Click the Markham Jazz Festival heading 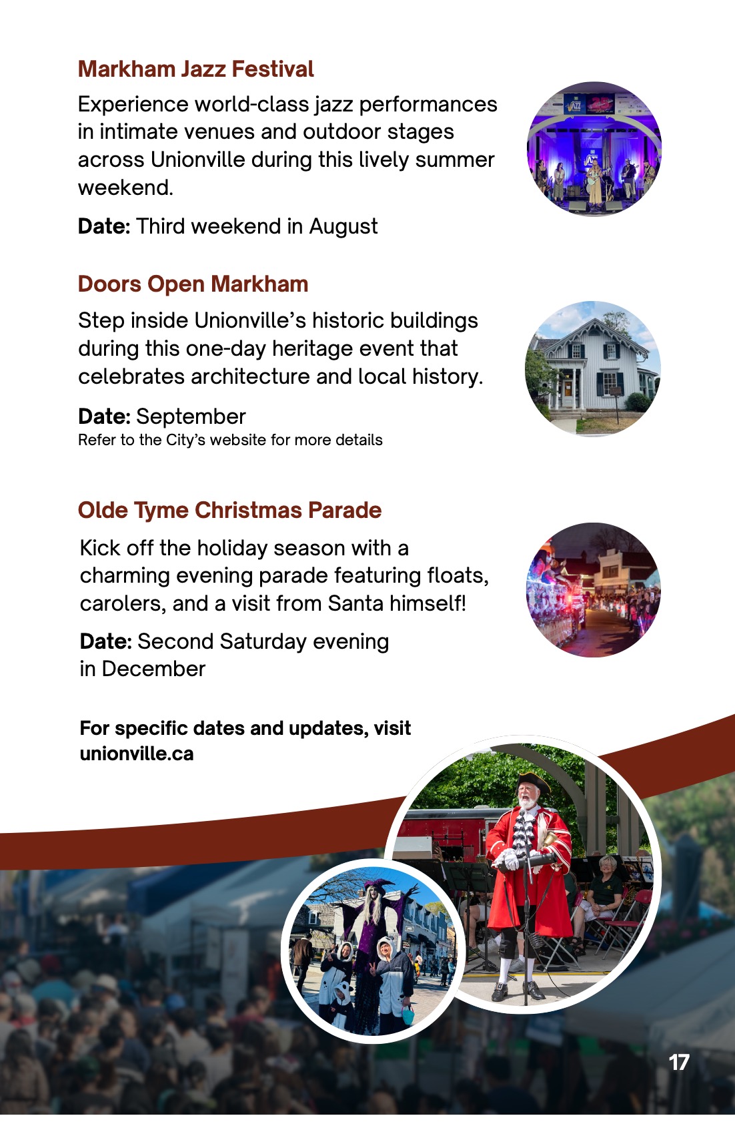pyautogui.click(x=195, y=69)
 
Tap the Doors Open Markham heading pyautogui.click(x=193, y=284)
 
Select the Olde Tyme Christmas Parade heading pyautogui.click(x=229, y=510)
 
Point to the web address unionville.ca pyautogui.click(x=137, y=754)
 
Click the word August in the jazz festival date pyautogui.click(x=343, y=227)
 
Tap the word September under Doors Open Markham pyautogui.click(x=191, y=416)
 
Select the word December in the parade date pyautogui.click(x=154, y=669)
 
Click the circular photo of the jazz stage pyautogui.click(x=594, y=149)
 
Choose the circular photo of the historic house pyautogui.click(x=593, y=368)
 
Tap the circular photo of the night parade pyautogui.click(x=594, y=590)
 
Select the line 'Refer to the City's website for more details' pyautogui.click(x=230, y=440)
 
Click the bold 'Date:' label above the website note pyautogui.click(x=104, y=416)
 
